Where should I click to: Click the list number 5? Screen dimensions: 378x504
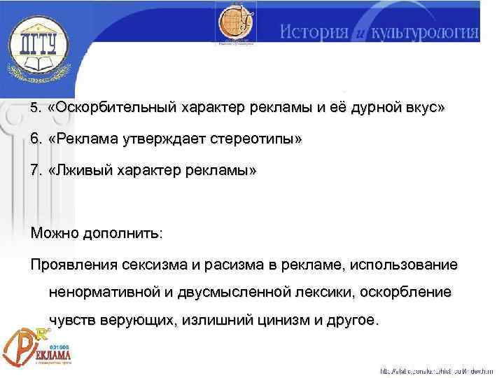tap(36, 109)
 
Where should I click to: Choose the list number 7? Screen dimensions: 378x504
tap(36, 170)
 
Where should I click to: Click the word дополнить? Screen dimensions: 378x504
tap(126, 233)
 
